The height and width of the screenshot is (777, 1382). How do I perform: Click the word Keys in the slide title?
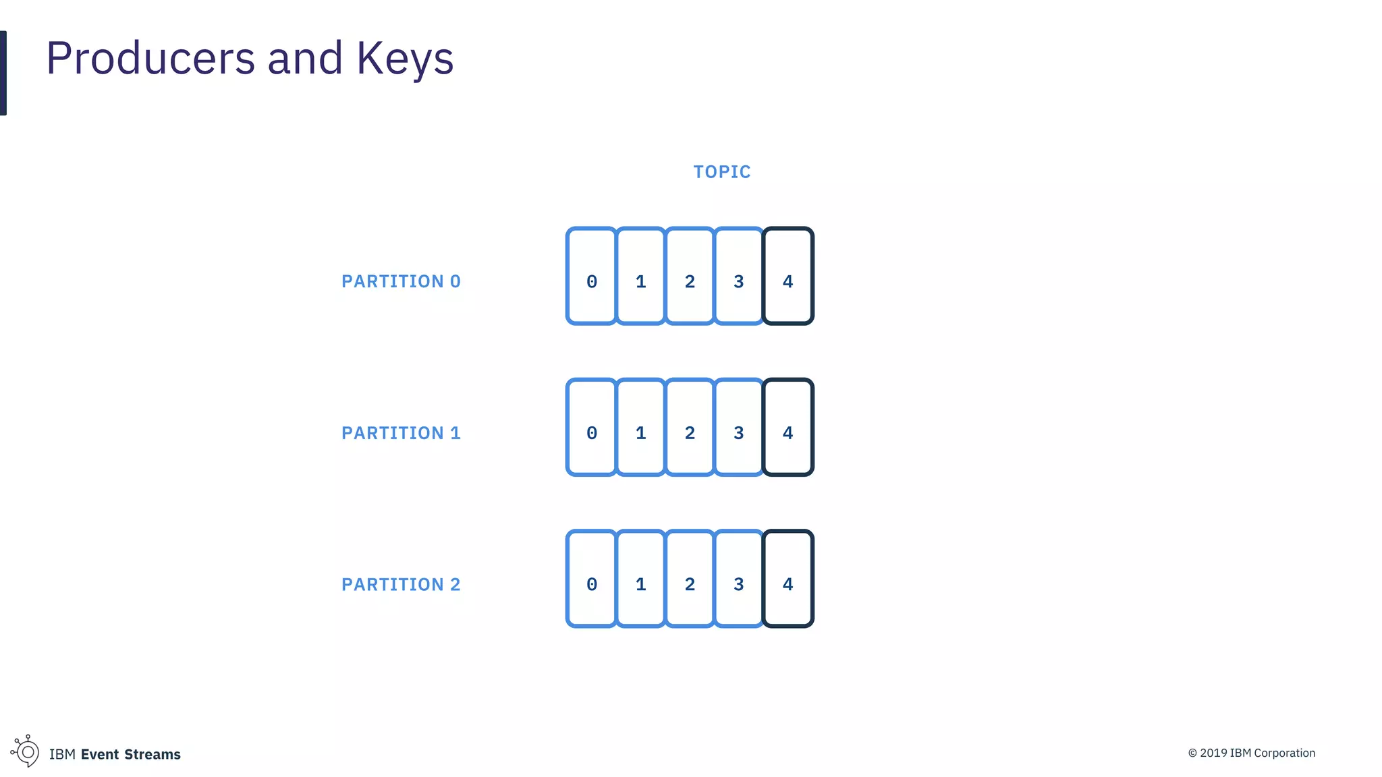pyautogui.click(x=405, y=59)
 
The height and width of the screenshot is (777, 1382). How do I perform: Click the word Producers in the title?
pyautogui.click(x=150, y=59)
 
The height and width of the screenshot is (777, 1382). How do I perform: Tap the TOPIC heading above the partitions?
pyautogui.click(x=722, y=172)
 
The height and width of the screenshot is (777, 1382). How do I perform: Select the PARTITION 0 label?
pyautogui.click(x=401, y=281)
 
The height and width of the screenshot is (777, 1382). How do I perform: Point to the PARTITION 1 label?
pyautogui.click(x=401, y=433)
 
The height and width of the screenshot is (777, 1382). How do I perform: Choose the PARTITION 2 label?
pyautogui.click(x=401, y=584)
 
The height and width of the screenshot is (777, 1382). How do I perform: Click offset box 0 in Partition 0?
pyautogui.click(x=592, y=276)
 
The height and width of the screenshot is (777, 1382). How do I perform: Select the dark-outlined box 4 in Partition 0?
pyautogui.click(x=788, y=276)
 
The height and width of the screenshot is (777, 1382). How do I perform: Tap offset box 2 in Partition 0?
pyautogui.click(x=690, y=276)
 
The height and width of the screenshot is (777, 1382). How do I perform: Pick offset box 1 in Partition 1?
pyautogui.click(x=641, y=427)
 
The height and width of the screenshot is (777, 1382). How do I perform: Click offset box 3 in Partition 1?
pyautogui.click(x=739, y=427)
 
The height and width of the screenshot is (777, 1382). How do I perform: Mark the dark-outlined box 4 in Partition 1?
pyautogui.click(x=788, y=427)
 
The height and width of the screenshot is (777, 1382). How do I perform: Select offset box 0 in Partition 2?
pyautogui.click(x=592, y=579)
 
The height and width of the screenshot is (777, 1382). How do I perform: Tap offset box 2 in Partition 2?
pyautogui.click(x=690, y=579)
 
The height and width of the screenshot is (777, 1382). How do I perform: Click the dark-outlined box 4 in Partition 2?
pyautogui.click(x=788, y=579)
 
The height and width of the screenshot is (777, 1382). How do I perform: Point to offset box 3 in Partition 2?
pyautogui.click(x=739, y=579)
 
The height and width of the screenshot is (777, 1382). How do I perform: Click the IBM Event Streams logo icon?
pyautogui.click(x=26, y=751)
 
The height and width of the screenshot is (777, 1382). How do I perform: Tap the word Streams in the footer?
pyautogui.click(x=153, y=754)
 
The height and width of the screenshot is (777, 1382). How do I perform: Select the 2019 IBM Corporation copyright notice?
pyautogui.click(x=1251, y=753)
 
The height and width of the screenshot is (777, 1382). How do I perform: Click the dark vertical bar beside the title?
pyautogui.click(x=3, y=73)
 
